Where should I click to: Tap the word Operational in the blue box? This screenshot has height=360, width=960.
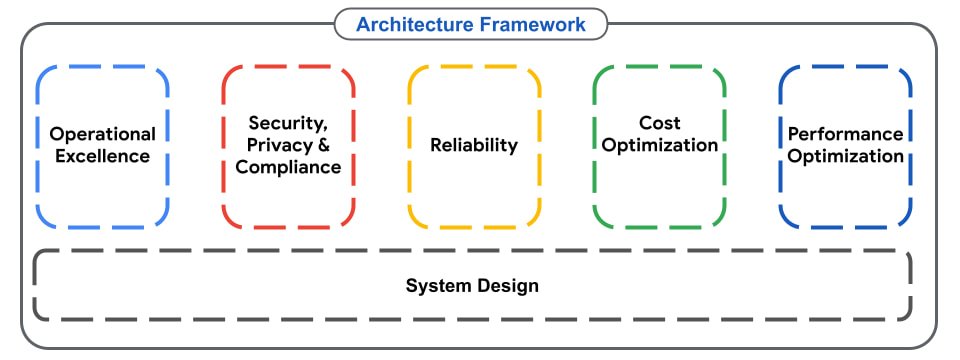tap(103, 134)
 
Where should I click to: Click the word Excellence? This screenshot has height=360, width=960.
tap(103, 156)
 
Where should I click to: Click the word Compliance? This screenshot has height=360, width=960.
tap(288, 167)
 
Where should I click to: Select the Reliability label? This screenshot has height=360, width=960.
tap(474, 145)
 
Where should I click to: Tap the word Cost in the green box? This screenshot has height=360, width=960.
tap(660, 123)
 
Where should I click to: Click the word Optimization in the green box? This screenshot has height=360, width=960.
tap(660, 145)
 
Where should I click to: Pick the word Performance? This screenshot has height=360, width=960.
tap(845, 134)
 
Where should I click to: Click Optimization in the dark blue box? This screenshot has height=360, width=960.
tap(845, 156)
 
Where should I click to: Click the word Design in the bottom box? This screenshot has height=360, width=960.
tap(509, 286)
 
